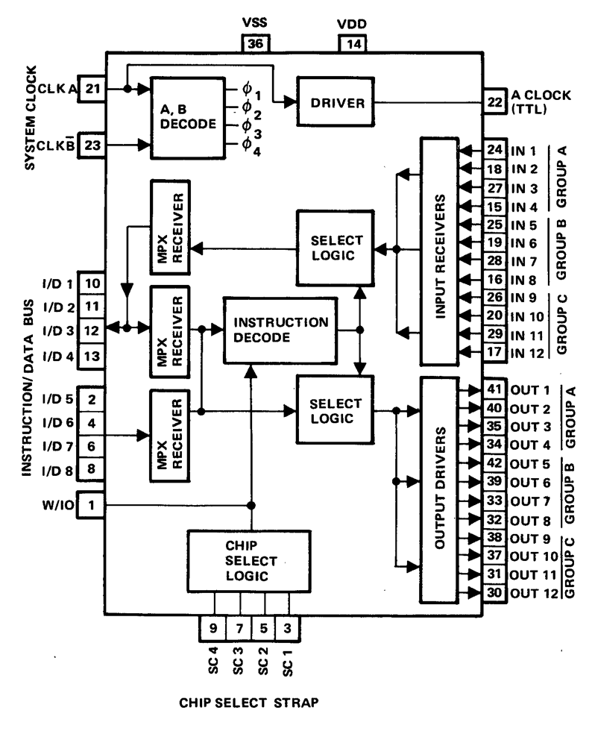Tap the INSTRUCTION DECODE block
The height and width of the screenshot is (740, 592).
280,329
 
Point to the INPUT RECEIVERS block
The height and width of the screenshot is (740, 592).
441,248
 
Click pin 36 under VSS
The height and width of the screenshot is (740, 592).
255,45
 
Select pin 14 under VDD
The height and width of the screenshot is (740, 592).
353,45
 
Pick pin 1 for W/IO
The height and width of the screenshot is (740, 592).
92,505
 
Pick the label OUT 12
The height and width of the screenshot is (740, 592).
533,593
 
